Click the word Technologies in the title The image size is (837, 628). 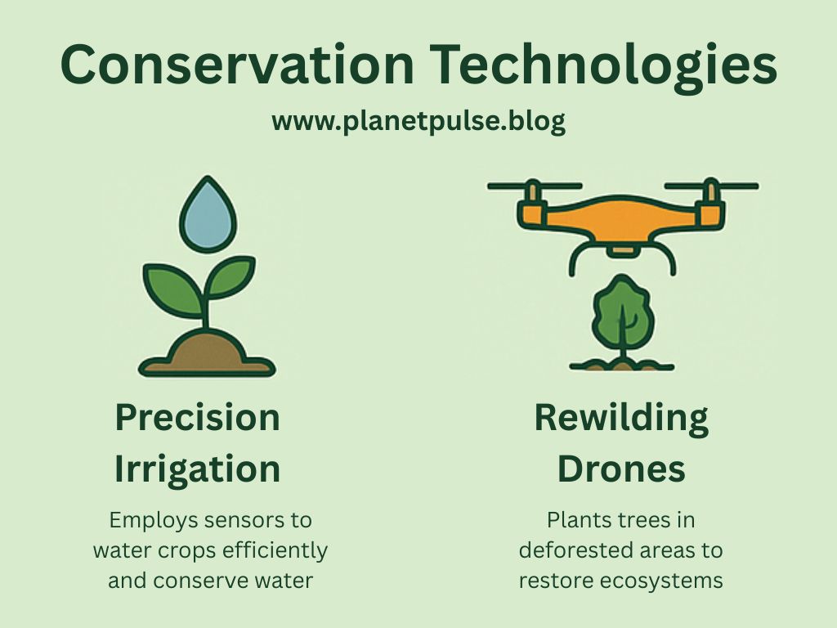tap(597, 65)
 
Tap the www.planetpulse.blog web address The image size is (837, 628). tap(418, 122)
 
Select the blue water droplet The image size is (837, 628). tap(208, 214)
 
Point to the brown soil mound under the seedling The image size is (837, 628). tap(206, 354)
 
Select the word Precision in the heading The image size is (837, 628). tap(197, 418)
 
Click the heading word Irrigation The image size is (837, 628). tap(197, 469)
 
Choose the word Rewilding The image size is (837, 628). tap(621, 418)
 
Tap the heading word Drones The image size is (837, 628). tap(621, 469)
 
